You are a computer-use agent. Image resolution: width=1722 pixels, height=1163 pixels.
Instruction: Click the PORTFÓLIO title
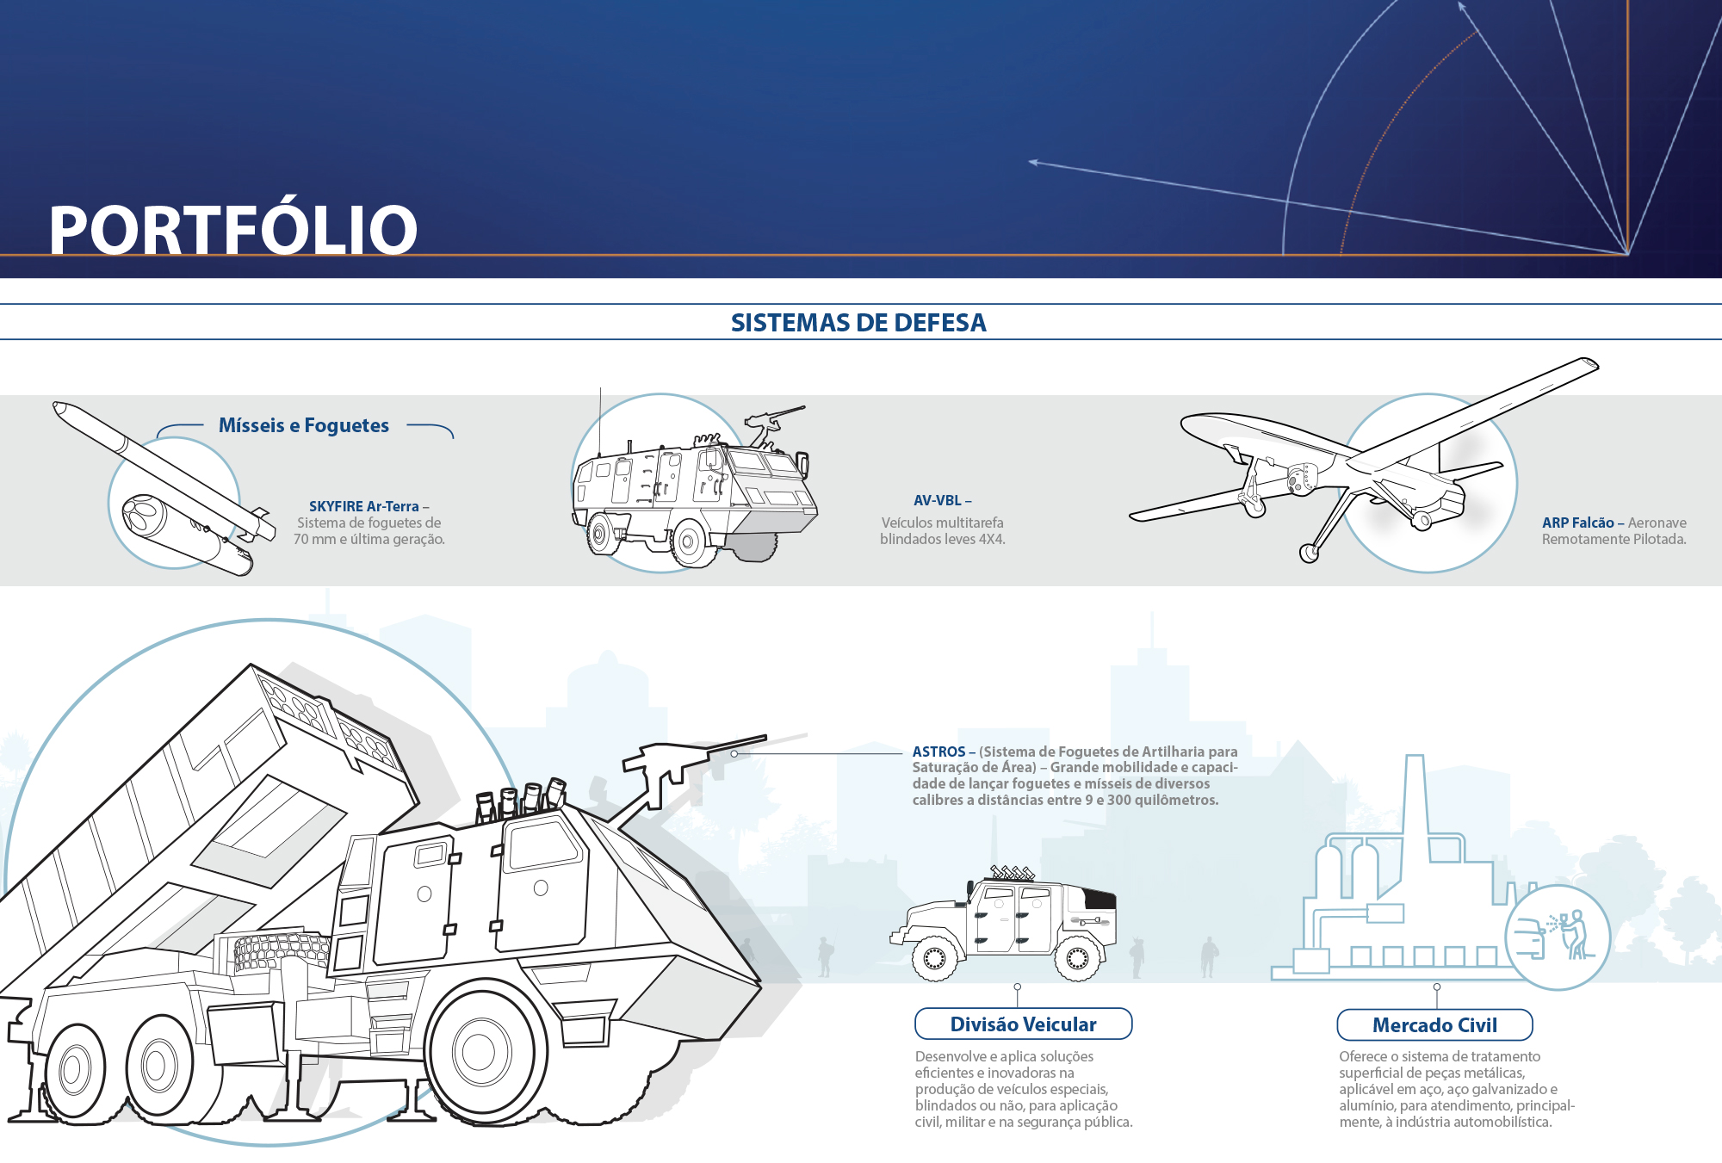coord(232,229)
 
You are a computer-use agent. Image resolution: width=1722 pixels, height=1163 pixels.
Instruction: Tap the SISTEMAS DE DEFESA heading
coord(858,323)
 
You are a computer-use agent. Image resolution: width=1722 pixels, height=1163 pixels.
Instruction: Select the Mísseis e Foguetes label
coord(304,425)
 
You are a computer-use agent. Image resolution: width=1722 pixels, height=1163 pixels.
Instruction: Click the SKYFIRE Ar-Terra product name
coord(364,506)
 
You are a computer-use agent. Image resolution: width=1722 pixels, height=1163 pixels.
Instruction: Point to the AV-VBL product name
coord(938,500)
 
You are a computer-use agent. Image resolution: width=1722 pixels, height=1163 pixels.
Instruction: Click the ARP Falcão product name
coord(1578,523)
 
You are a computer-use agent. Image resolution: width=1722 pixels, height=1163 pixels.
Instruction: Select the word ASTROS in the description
coord(938,752)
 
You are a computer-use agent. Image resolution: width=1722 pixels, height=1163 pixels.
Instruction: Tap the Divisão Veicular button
coord(1023,1024)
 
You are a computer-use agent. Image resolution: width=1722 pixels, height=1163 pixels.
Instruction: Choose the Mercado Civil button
coord(1434,1025)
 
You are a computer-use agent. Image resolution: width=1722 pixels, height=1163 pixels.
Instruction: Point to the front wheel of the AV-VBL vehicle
coord(690,541)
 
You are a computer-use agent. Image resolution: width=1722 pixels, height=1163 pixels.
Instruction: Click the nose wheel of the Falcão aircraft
coord(1309,553)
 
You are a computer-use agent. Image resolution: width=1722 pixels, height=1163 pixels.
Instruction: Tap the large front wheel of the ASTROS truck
coord(480,1051)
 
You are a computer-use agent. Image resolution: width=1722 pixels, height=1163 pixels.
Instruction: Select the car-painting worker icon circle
coord(1558,937)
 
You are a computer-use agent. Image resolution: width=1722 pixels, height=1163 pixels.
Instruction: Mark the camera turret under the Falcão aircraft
coord(1300,479)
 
